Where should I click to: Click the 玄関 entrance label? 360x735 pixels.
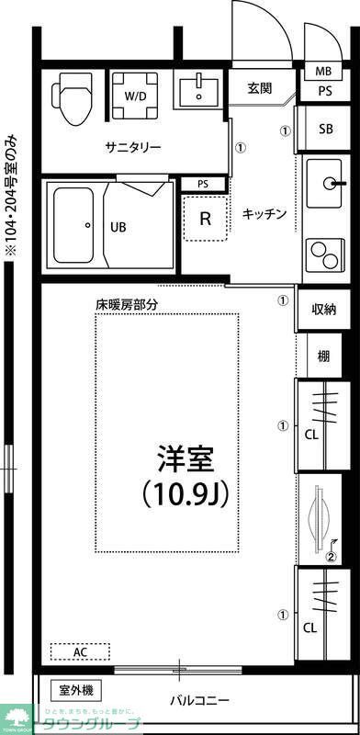pos(260,88)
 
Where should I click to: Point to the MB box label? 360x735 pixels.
pos(323,72)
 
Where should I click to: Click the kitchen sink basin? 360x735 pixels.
pos(324,181)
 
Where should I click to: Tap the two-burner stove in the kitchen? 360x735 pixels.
pos(323,250)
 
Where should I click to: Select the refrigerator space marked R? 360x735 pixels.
pos(206,219)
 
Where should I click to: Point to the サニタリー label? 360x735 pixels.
pos(133,148)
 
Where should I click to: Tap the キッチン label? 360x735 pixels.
pos(264,214)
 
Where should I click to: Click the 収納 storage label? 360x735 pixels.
pos(323,310)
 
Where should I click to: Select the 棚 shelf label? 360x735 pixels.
pos(323,356)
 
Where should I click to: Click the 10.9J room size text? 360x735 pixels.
pos(185,493)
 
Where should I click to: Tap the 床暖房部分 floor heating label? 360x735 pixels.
pos(127,303)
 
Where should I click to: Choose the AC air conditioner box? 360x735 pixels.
pos(80,651)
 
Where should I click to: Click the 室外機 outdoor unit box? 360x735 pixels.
pos(81,690)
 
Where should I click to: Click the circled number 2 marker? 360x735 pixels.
pos(332,555)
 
